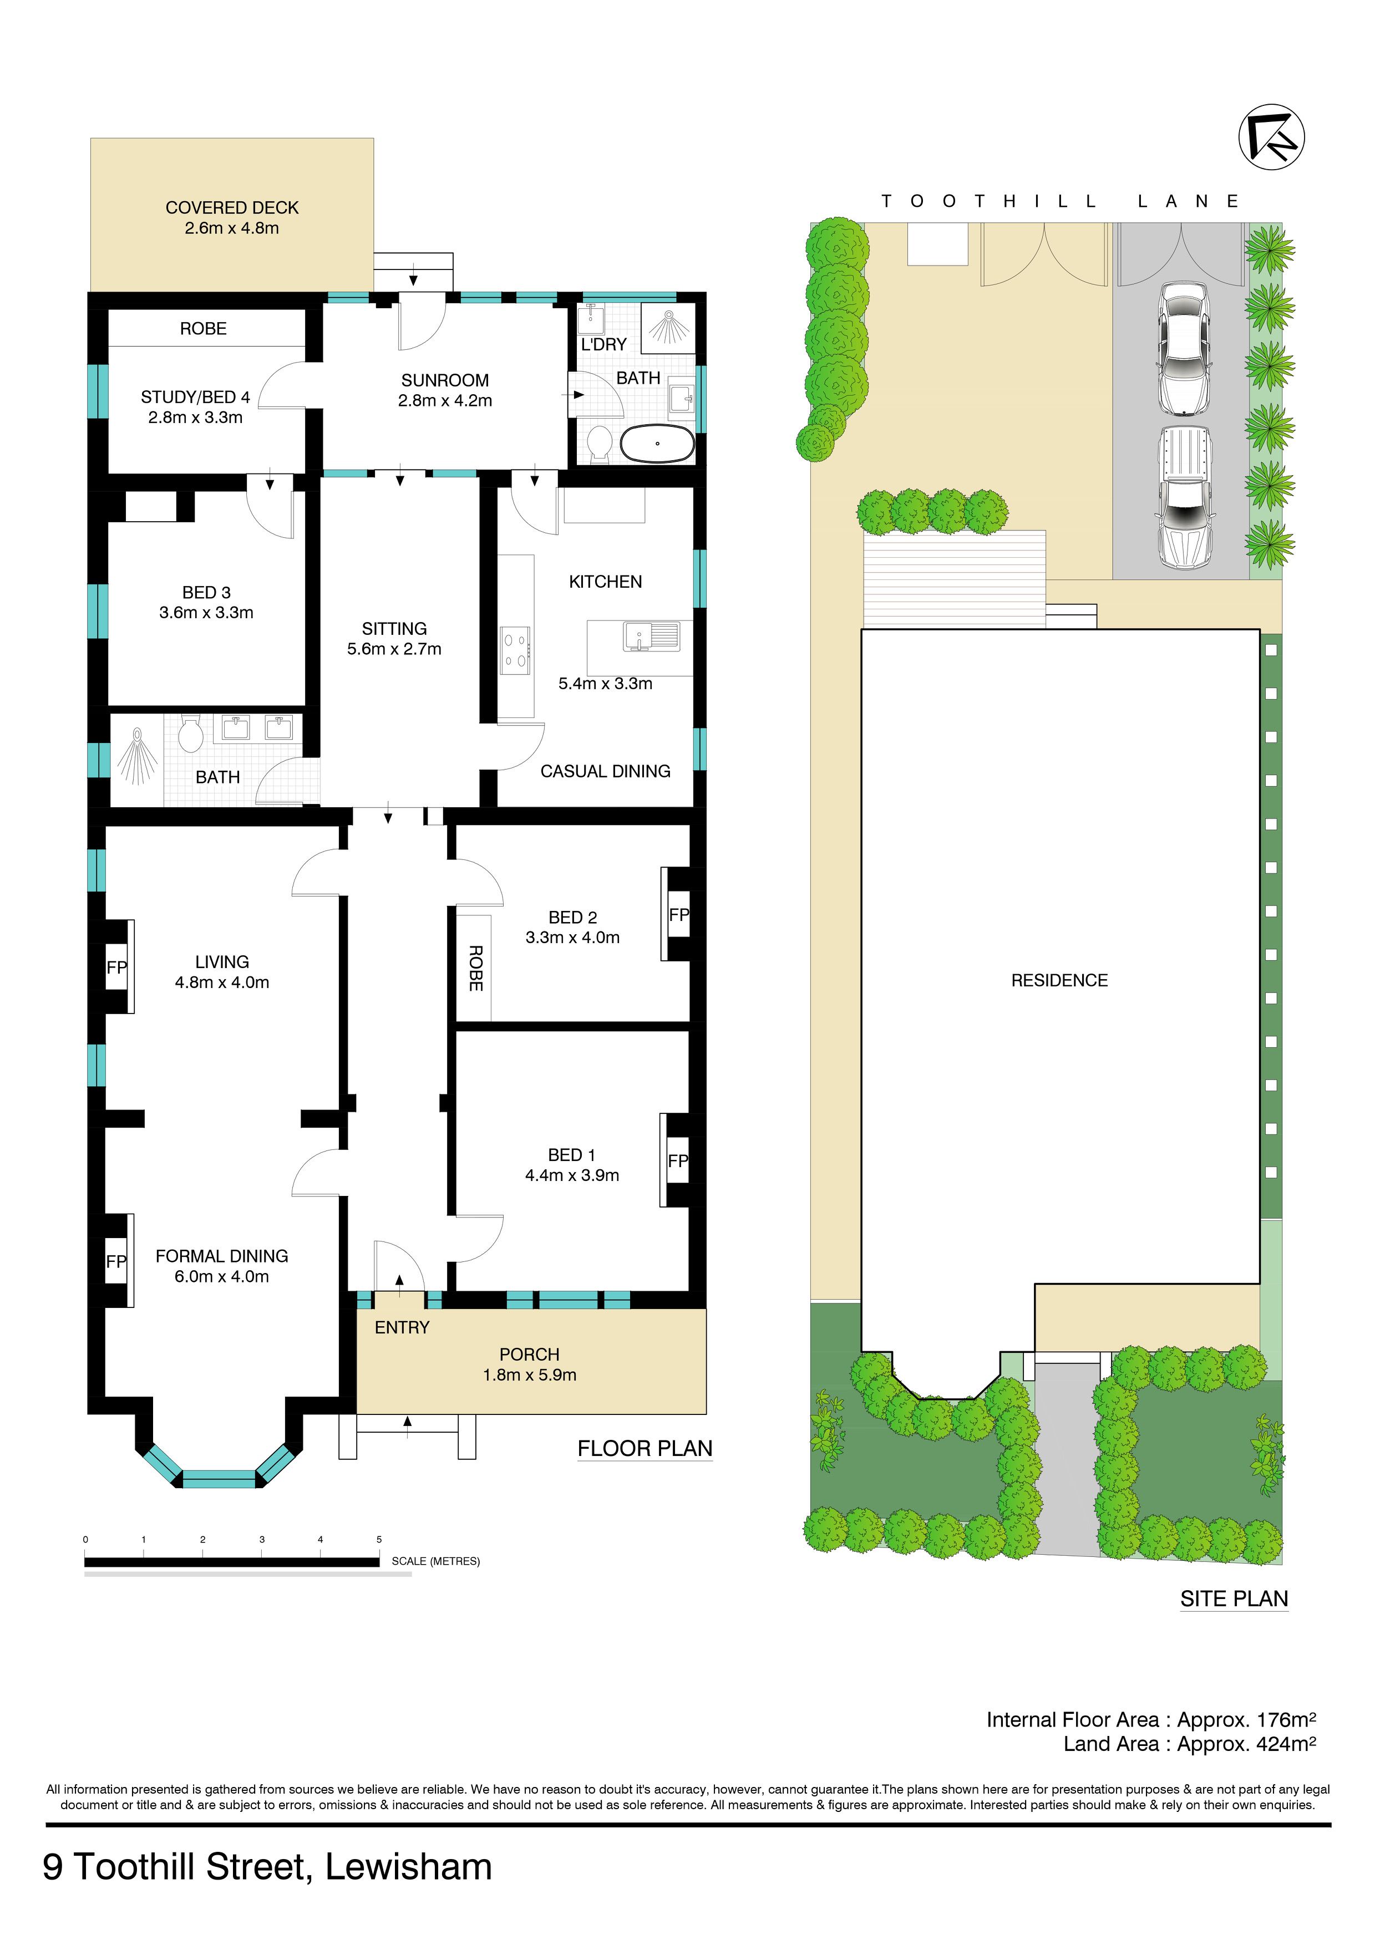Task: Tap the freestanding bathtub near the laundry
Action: tap(657, 443)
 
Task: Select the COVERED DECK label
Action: tap(232, 207)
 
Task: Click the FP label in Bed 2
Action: tap(678, 915)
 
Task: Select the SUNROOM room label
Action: tap(445, 380)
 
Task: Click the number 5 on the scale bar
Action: tap(379, 1539)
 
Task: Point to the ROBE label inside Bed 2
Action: tap(475, 968)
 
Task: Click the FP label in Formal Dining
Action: tap(116, 1261)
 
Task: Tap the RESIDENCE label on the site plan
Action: tap(1059, 980)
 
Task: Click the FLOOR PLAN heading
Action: tap(645, 1449)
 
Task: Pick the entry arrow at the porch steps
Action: tap(408, 1427)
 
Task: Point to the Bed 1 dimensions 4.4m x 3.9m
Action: tap(572, 1175)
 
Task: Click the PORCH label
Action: tap(530, 1355)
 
